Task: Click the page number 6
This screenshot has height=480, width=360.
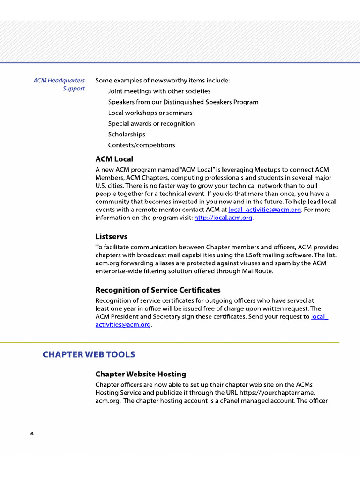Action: [32, 434]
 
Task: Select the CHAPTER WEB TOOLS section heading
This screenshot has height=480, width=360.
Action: [89, 354]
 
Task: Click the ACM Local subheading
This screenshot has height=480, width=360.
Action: [114, 159]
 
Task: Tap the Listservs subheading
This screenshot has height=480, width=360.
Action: [111, 236]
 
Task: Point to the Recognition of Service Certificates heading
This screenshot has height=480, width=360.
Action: [157, 290]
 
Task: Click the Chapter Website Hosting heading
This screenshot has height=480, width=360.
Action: [141, 374]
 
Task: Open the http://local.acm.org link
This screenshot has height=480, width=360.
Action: [223, 218]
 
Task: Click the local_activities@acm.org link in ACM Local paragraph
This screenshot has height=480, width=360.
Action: [264, 210]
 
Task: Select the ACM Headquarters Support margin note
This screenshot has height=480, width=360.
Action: [60, 84]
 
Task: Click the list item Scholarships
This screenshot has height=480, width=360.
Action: [127, 135]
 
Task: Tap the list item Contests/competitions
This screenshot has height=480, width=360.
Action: [141, 145]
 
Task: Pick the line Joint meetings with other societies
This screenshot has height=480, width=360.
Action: [159, 91]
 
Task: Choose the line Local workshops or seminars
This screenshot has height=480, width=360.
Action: [150, 113]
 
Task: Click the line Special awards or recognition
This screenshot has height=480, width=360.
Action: [151, 124]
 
